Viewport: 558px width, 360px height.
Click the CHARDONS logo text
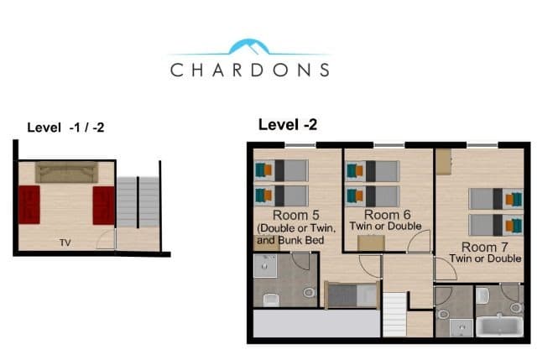coord(249,70)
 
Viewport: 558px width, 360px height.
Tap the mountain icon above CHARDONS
coord(249,46)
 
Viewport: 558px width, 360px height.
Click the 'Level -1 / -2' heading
coord(65,128)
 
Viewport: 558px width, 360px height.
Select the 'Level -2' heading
coord(287,124)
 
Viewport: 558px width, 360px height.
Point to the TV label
coord(65,243)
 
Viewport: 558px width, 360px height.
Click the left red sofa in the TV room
coord(29,205)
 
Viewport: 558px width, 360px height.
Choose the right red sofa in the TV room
coord(103,205)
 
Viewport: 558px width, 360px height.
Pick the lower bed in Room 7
coord(495,224)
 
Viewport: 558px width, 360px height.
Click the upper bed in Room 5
coord(280,170)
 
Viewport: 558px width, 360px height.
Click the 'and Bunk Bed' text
coord(292,241)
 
